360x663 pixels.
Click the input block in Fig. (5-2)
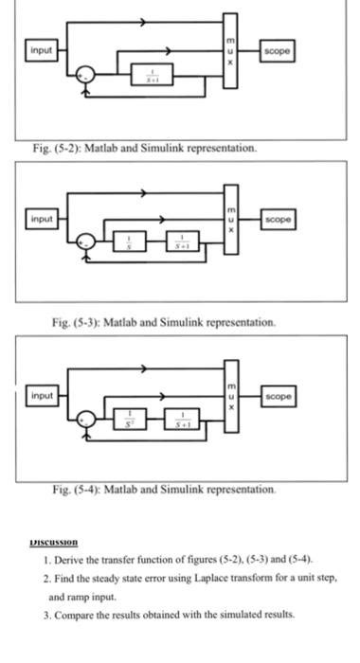point(41,48)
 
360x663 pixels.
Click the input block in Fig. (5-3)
point(41,218)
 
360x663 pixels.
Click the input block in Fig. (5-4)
point(41,392)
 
